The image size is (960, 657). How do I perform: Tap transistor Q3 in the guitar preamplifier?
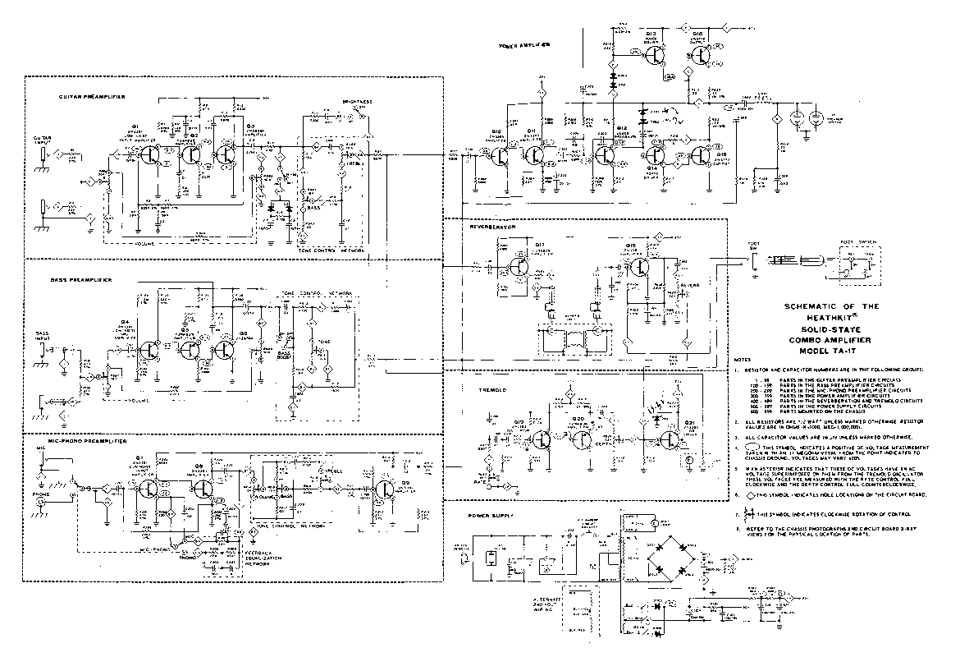pyautogui.click(x=224, y=153)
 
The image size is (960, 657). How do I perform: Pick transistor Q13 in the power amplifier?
pyautogui.click(x=654, y=54)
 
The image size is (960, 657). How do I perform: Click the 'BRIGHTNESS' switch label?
pyautogui.click(x=358, y=103)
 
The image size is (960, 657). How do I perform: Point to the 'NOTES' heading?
pyautogui.click(x=742, y=360)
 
